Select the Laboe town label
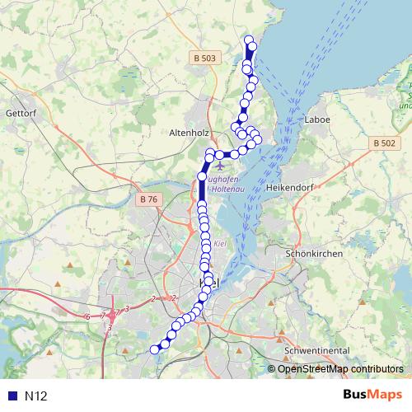(x=318, y=119)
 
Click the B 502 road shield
(x=382, y=143)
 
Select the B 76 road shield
(x=149, y=199)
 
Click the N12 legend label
(x=36, y=396)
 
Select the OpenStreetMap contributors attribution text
(x=339, y=369)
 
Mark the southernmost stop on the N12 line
(x=154, y=349)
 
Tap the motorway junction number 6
(x=87, y=316)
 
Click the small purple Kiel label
(x=219, y=245)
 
